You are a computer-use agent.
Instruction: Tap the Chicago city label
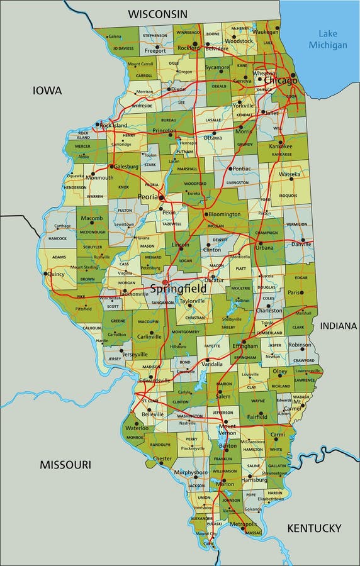280,81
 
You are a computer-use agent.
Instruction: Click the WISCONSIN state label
157,13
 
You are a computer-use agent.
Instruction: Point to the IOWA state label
47,91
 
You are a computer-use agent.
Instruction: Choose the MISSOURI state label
65,465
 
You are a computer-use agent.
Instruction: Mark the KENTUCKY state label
314,528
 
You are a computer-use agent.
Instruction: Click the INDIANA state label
339,326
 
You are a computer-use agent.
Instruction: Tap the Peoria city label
149,197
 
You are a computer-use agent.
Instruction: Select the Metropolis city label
244,524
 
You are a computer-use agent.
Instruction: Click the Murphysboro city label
191,472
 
